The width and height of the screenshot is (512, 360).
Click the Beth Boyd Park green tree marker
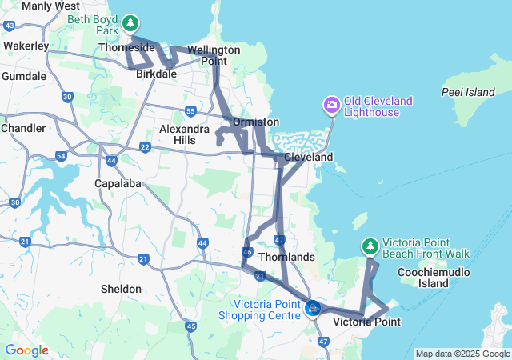(132, 23)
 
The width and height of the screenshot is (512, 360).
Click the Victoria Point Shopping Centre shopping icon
(314, 308)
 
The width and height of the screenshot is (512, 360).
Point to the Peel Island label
(468, 92)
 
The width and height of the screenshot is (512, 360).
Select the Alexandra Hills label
(189, 134)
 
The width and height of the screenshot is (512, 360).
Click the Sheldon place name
(121, 289)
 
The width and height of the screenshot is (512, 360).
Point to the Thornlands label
(293, 258)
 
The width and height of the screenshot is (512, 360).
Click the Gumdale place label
(24, 76)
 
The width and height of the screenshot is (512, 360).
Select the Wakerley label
(26, 46)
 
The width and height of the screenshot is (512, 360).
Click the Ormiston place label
(256, 122)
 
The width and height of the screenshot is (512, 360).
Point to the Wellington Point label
(214, 55)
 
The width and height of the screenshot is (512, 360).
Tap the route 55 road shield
(190, 111)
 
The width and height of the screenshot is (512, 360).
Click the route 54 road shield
(62, 155)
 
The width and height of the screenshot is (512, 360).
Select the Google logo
(26, 350)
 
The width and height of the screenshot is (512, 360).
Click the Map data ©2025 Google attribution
(462, 354)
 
